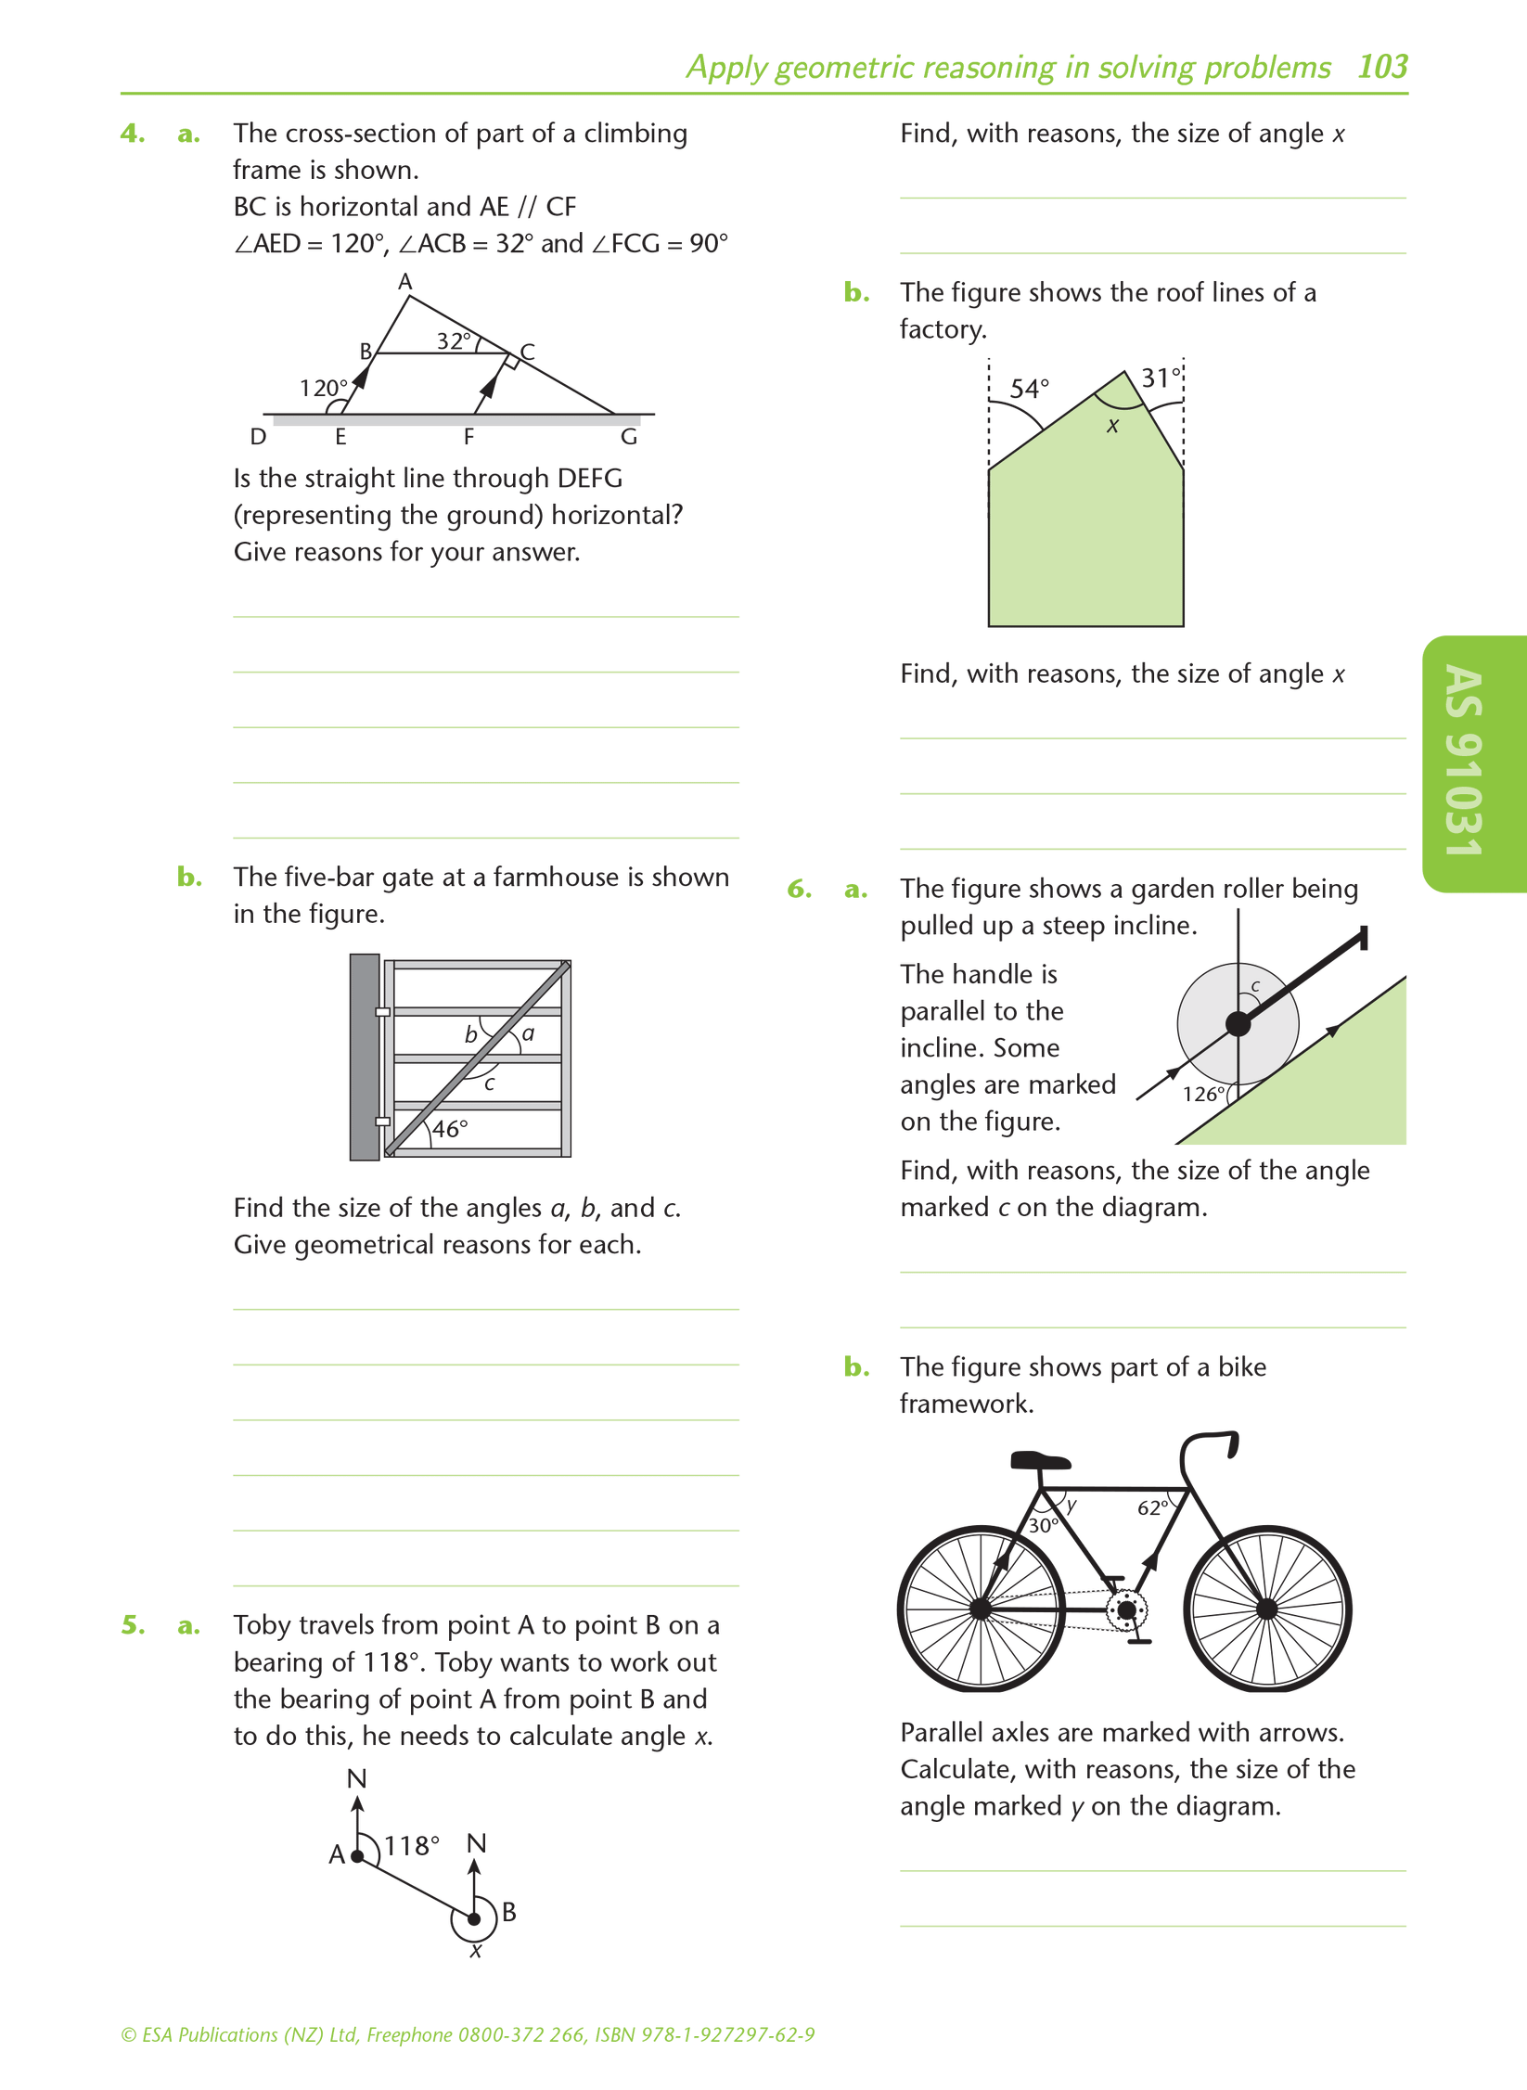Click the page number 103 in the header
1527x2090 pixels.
tap(1382, 67)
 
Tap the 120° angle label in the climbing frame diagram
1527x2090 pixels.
tap(323, 388)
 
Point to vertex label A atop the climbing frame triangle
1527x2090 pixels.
tap(405, 280)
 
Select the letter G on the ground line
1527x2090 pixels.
tap(629, 437)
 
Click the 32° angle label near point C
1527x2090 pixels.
tap(455, 340)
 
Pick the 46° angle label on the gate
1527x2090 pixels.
tap(450, 1129)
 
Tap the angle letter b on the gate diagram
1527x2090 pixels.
tap(471, 1034)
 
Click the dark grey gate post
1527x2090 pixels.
tap(365, 1057)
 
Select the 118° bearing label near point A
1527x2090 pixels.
tap(412, 1846)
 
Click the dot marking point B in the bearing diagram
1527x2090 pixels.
tap(474, 1919)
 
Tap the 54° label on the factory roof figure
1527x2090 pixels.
tap(1029, 388)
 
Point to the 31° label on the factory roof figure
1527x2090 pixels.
tap(1161, 378)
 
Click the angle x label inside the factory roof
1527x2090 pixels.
tap(1113, 426)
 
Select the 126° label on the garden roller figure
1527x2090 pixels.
tap(1203, 1094)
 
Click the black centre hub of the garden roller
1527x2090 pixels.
tap(1238, 1024)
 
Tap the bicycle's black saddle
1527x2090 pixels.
tap(1039, 1461)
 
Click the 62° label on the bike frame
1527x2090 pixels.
tap(1152, 1507)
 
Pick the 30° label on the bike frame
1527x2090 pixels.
tap(1044, 1525)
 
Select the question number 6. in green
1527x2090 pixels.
tap(800, 890)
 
